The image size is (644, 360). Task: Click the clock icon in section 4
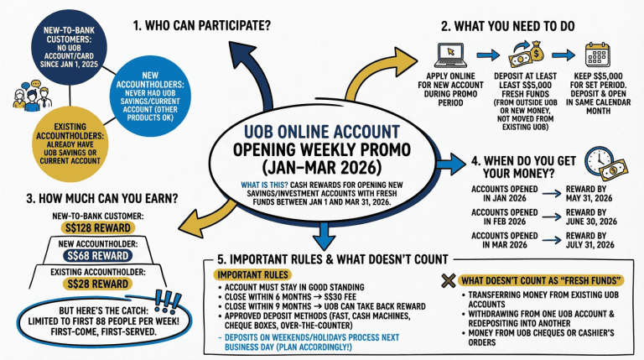pyautogui.click(x=602, y=159)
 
